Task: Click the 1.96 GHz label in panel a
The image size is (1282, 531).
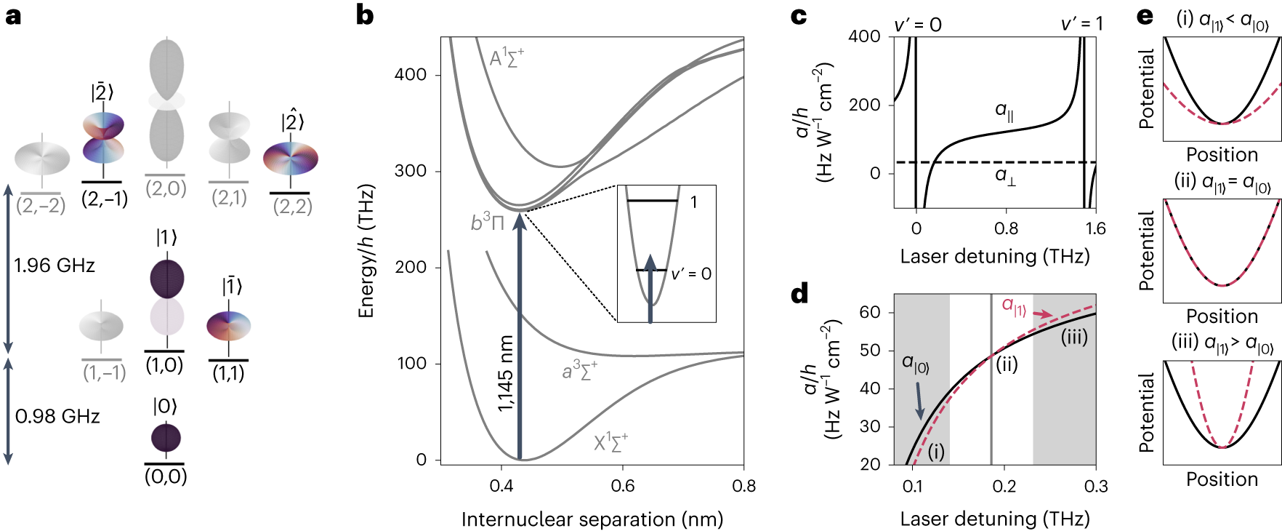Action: [55, 265]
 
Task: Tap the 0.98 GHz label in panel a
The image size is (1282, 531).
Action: [57, 417]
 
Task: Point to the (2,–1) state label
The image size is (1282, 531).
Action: [104, 199]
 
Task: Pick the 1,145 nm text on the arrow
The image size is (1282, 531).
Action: [506, 373]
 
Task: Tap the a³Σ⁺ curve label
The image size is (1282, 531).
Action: [579, 371]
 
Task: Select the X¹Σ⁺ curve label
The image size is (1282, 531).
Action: [610, 442]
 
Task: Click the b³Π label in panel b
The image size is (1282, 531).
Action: [487, 223]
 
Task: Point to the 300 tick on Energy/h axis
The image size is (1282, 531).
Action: [410, 171]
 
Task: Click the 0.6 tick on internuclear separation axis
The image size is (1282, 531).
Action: [623, 486]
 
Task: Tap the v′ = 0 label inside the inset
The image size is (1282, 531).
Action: [690, 274]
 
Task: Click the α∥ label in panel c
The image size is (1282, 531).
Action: [1004, 111]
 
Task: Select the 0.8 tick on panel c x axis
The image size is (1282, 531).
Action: [1006, 229]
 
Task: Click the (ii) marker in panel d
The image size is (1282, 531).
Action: [1007, 364]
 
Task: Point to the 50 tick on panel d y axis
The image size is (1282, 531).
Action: [870, 351]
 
